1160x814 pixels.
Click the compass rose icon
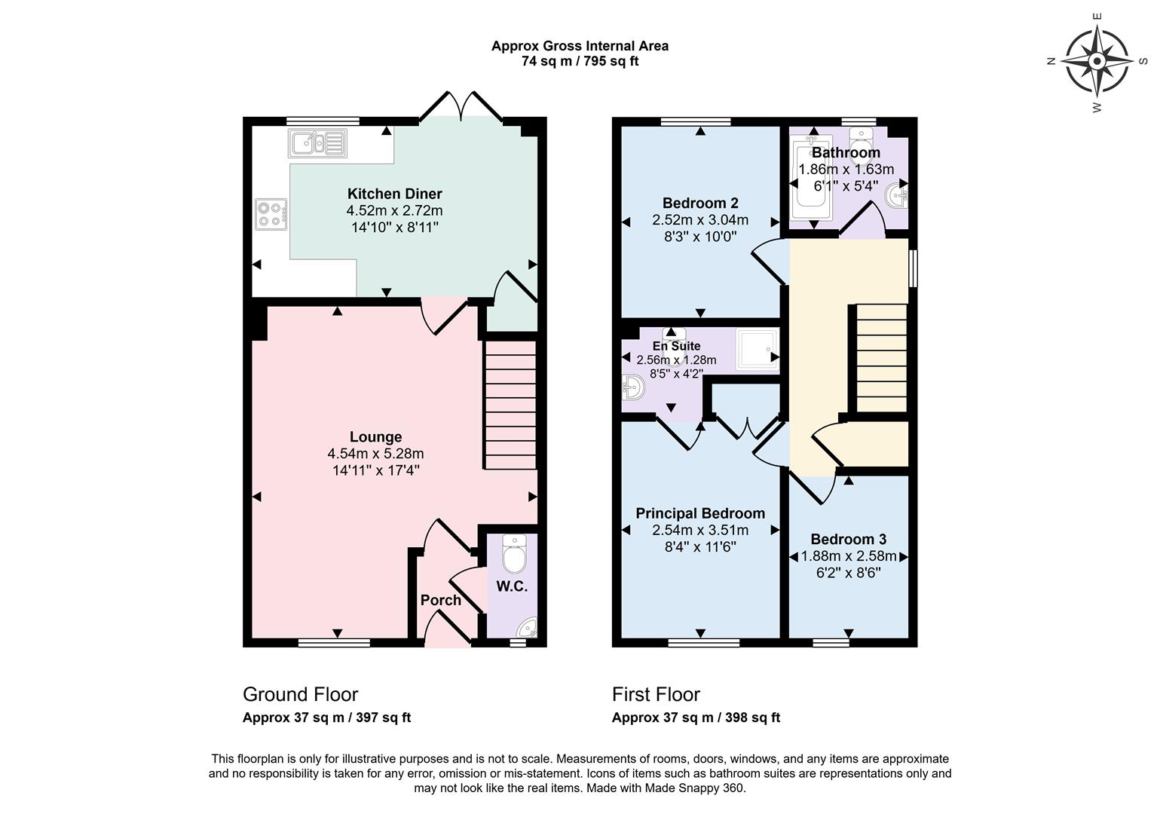pos(1097,61)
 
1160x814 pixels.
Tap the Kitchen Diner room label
pos(394,194)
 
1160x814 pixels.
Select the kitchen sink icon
pos(317,142)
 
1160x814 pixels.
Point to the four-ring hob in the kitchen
pos(271,213)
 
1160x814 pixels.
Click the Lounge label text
pos(375,437)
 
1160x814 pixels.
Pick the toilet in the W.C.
pos(515,555)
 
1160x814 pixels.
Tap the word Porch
pos(440,600)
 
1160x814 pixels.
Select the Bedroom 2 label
pos(699,203)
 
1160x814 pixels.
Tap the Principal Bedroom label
pos(699,513)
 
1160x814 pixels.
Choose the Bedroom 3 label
pos(848,539)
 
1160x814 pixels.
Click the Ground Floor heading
pos(300,694)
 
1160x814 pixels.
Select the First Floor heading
pos(656,694)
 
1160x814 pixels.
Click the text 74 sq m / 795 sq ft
pos(580,62)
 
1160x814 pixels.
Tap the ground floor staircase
pos(510,405)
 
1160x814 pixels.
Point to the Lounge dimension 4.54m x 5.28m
pos(375,454)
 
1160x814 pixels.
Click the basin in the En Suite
pos(632,389)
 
